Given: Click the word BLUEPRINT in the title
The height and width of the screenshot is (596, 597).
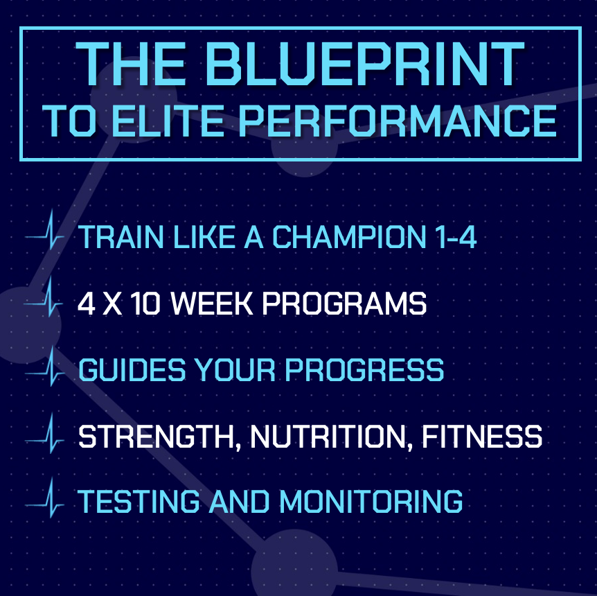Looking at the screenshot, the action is coord(366,64).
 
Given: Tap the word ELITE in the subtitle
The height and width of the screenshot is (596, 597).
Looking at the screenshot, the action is coord(168,121).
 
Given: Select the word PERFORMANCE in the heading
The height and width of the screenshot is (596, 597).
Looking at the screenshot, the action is coord(398,121).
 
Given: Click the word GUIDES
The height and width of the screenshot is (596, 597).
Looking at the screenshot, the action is coord(132,369).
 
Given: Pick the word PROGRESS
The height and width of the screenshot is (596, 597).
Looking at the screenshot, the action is coord(364,369).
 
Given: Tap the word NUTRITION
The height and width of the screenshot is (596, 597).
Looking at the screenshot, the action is coord(332,437).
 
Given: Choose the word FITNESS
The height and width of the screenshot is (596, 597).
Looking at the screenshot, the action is coord(482,437).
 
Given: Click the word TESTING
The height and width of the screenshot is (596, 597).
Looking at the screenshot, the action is coord(139,501).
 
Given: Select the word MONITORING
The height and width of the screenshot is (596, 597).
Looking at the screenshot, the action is coord(371,501).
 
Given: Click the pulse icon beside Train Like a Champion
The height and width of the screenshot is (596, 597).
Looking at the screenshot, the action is coord(45,230).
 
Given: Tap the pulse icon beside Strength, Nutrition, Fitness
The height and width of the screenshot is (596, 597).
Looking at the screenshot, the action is coord(45,434).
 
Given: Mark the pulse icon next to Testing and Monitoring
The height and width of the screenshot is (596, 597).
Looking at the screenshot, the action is coord(45,498).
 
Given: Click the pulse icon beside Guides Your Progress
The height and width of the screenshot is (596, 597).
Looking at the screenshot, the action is coord(45,366).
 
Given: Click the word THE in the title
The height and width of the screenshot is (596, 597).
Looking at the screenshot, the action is coord(132,64).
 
